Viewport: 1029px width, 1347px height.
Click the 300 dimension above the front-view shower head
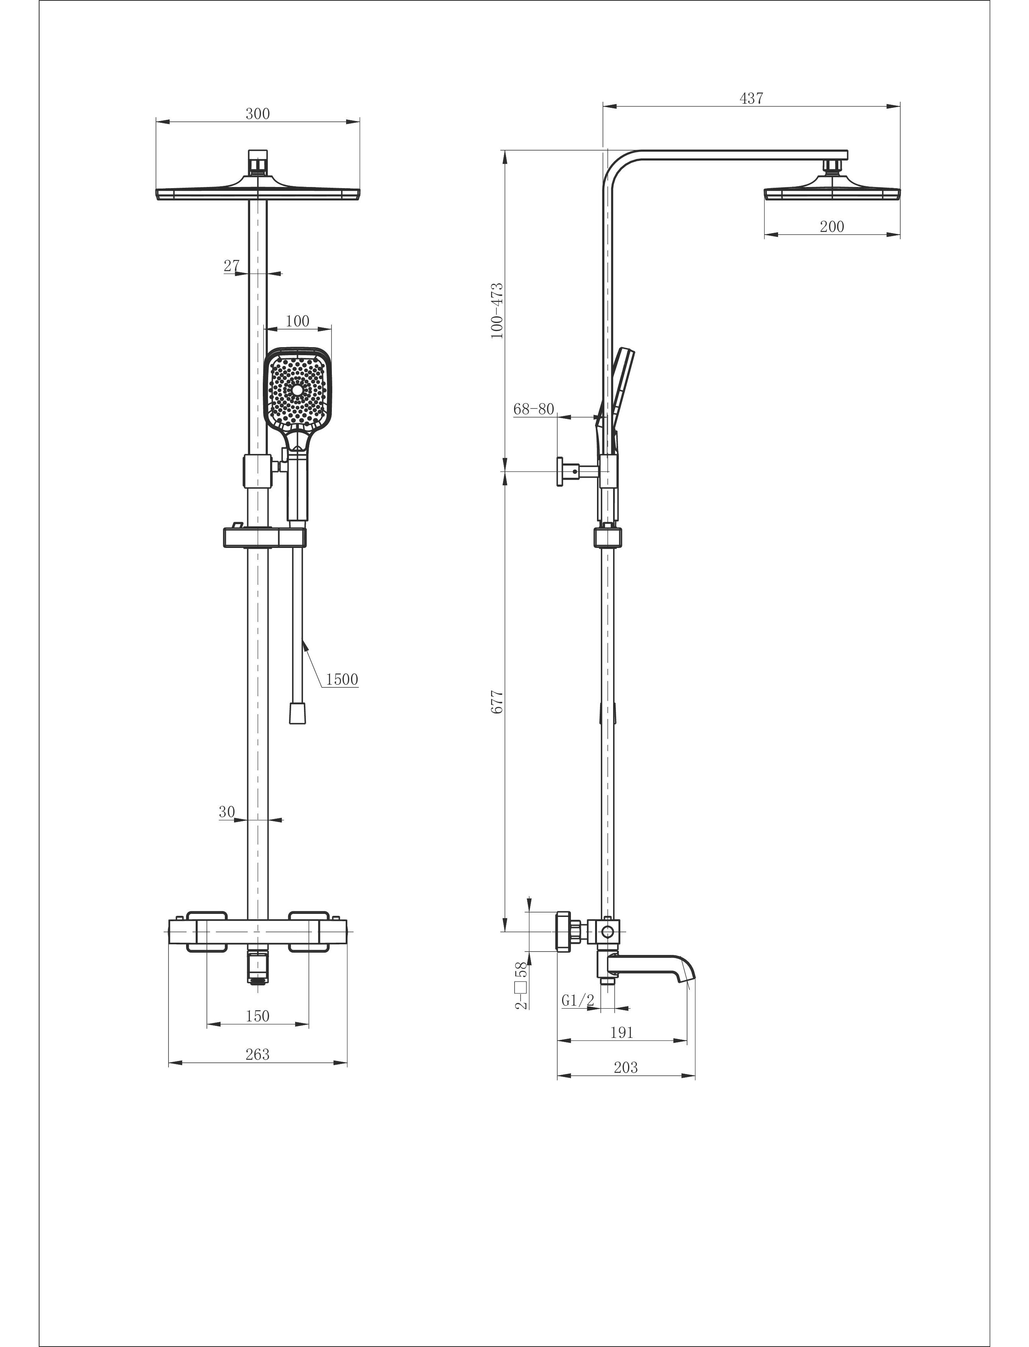tap(257, 114)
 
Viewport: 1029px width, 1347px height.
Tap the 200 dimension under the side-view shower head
tap(832, 227)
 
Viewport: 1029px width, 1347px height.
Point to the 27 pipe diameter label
tap(231, 265)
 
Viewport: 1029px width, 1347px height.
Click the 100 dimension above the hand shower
tap(297, 321)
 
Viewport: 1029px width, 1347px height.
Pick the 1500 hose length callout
tap(342, 679)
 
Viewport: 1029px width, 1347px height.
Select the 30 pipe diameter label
tap(227, 812)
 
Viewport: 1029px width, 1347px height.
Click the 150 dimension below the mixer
tap(257, 1016)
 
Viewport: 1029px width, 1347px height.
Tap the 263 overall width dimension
tap(257, 1054)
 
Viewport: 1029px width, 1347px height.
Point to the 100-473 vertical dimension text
tap(497, 311)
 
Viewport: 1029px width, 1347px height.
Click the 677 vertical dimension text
tap(497, 702)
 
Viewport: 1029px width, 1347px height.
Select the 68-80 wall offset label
tap(533, 409)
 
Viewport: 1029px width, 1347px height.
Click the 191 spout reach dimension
tap(621, 1033)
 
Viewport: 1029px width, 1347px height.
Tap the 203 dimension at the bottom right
tap(625, 1067)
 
